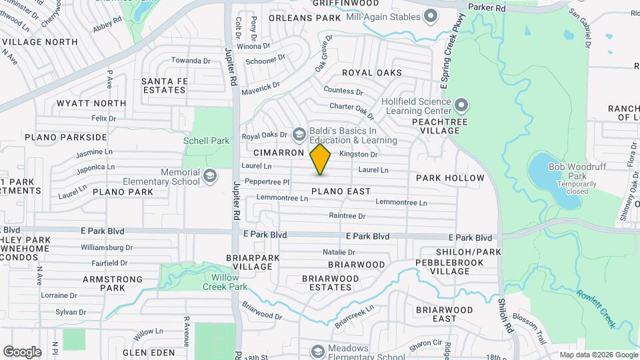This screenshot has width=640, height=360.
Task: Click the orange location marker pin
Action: click(321, 159)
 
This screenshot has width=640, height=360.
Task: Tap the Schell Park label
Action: click(207, 141)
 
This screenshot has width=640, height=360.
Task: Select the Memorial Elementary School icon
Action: click(211, 176)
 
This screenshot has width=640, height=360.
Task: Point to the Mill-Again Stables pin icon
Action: click(431, 15)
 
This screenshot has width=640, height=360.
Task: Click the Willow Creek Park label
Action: click(229, 282)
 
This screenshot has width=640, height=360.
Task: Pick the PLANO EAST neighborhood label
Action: click(341, 191)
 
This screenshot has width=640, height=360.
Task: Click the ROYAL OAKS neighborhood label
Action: click(372, 72)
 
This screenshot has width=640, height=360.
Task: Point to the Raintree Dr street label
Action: click(347, 216)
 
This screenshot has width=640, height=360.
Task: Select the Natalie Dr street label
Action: click(339, 252)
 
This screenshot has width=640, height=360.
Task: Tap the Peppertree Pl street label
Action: click(267, 181)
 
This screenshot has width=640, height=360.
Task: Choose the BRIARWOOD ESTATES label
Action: click(327, 283)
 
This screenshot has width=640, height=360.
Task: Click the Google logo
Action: click(22, 351)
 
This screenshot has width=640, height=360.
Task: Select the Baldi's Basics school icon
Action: click(299, 135)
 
